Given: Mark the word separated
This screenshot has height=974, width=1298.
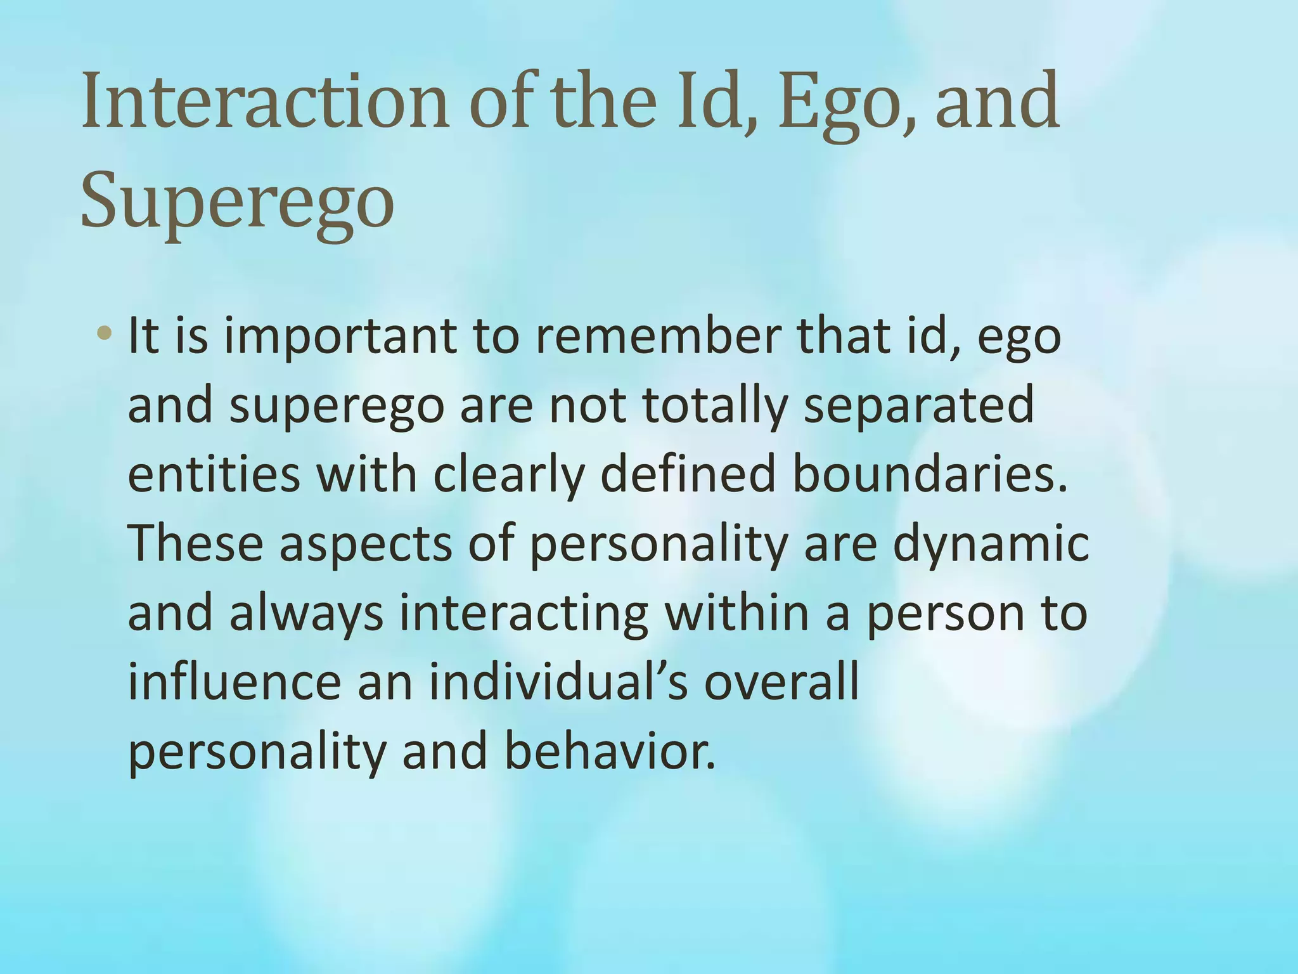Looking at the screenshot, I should pyautogui.click(x=919, y=406).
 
